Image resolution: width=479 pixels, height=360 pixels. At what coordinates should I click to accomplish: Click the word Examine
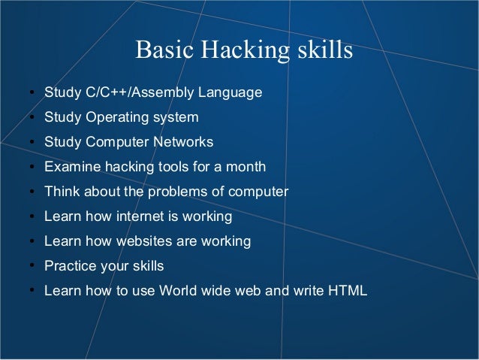coord(70,167)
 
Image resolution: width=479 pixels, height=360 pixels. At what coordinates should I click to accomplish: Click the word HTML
coord(348,291)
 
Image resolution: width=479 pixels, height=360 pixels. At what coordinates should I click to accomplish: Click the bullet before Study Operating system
coord(32,118)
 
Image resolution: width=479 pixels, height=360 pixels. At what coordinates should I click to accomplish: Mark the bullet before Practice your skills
coord(32,267)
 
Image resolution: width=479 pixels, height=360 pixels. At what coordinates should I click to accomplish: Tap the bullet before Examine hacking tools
coord(32,168)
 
